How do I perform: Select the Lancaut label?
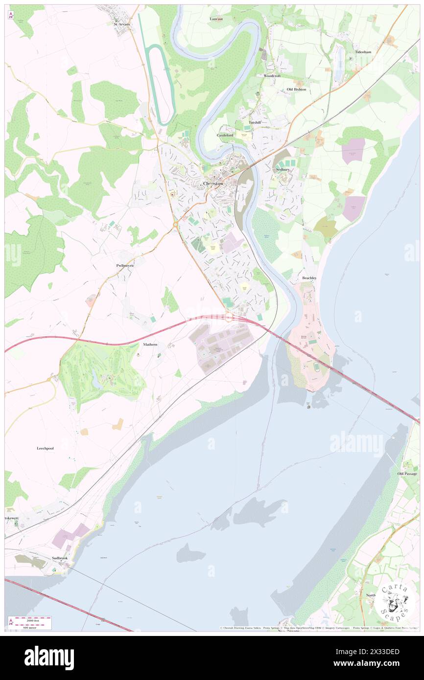pos(216,19)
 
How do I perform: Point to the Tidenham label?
pos(364,51)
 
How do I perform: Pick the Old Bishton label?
pos(296,90)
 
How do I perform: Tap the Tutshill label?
pos(255,122)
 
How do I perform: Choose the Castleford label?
pos(226,135)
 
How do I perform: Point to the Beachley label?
pos(309,278)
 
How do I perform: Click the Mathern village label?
pos(150,344)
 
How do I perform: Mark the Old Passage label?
pos(407,474)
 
